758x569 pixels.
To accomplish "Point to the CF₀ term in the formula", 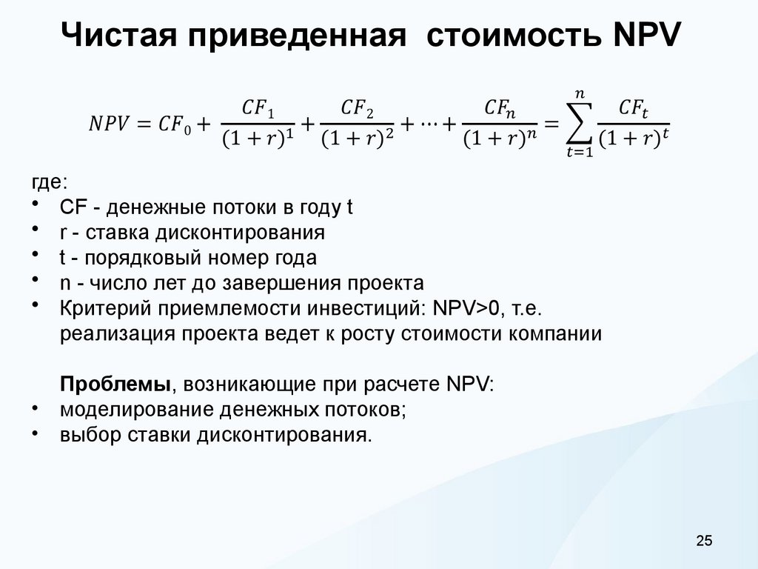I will [x=173, y=124].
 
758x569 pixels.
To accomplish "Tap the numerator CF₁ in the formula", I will [x=259, y=109].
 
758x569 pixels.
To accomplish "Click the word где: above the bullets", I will [x=48, y=183].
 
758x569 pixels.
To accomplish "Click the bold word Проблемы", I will [x=115, y=384].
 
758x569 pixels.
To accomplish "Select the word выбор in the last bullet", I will [x=84, y=434].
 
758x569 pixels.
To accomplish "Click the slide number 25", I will [x=703, y=542].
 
